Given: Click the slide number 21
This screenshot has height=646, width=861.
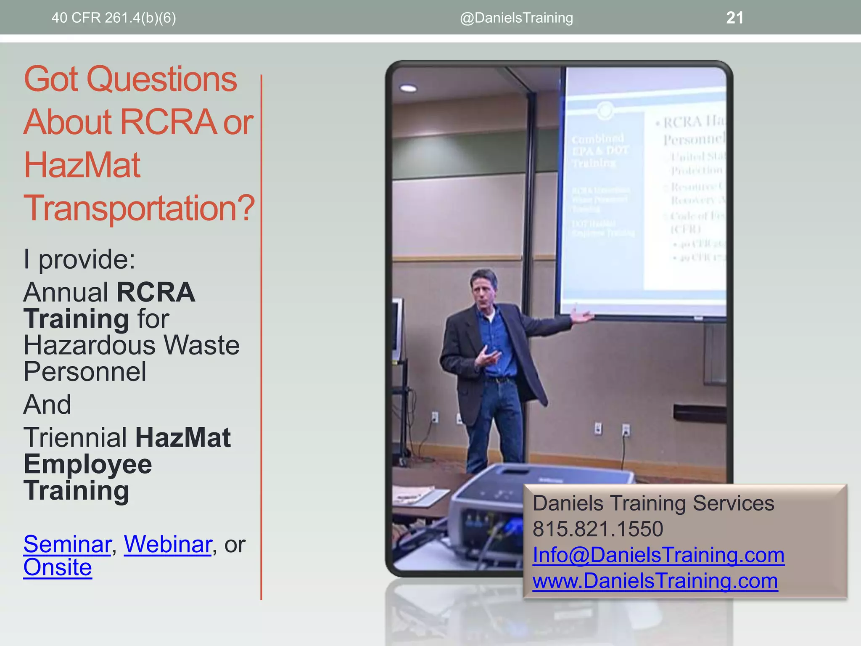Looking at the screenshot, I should tap(734, 18).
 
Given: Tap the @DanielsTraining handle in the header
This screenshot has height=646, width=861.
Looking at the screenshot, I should tap(516, 18).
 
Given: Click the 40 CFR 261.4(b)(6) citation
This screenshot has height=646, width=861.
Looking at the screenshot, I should tap(114, 18).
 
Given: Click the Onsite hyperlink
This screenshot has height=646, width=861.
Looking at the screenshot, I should tap(58, 567).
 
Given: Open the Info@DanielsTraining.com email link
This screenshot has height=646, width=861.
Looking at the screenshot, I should tap(658, 555).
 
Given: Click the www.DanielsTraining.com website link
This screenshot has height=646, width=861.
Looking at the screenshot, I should tap(655, 581).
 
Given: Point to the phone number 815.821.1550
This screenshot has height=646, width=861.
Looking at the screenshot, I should tap(597, 529).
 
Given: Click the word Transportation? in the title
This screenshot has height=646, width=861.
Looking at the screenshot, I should tap(139, 208).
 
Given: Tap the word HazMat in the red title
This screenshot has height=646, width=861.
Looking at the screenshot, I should tap(82, 165).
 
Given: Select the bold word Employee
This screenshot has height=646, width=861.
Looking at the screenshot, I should tap(87, 464).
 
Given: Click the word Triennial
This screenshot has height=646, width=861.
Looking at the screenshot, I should tap(75, 437).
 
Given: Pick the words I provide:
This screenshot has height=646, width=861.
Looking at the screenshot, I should tap(79, 259).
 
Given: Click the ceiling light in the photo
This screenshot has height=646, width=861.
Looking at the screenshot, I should tap(408, 88).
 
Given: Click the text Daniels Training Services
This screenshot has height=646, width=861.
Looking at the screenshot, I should tap(653, 503).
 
